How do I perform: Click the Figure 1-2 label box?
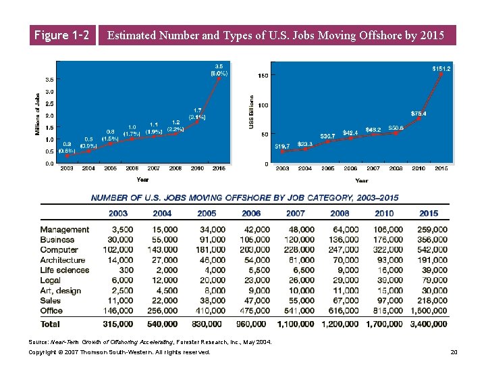(x=60, y=35)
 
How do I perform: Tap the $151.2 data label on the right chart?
(x=441, y=68)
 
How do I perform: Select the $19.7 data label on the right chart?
(x=282, y=145)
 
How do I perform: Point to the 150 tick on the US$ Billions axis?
(x=263, y=75)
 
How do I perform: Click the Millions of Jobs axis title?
(x=37, y=113)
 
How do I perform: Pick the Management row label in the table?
(x=64, y=230)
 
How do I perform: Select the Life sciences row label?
(x=64, y=270)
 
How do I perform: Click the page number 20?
(x=454, y=352)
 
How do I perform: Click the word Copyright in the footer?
(x=43, y=352)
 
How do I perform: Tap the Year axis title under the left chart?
(x=142, y=180)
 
